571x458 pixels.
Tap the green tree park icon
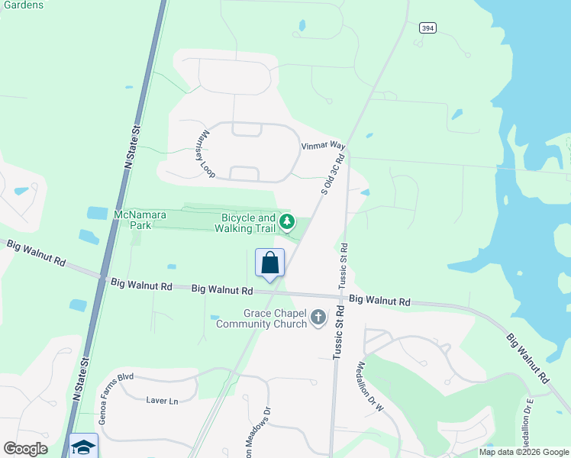[x=287, y=223]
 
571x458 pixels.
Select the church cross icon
[x=318, y=316]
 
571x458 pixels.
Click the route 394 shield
[x=427, y=27]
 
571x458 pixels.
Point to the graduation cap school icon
[x=82, y=446]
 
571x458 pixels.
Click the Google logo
[x=25, y=449]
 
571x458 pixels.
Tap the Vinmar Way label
[x=324, y=145]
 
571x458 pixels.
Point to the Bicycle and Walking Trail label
[x=244, y=223]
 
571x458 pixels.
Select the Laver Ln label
[x=162, y=401]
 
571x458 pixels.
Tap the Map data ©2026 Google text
[x=524, y=452]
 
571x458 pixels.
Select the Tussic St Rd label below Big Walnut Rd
[x=338, y=334]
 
